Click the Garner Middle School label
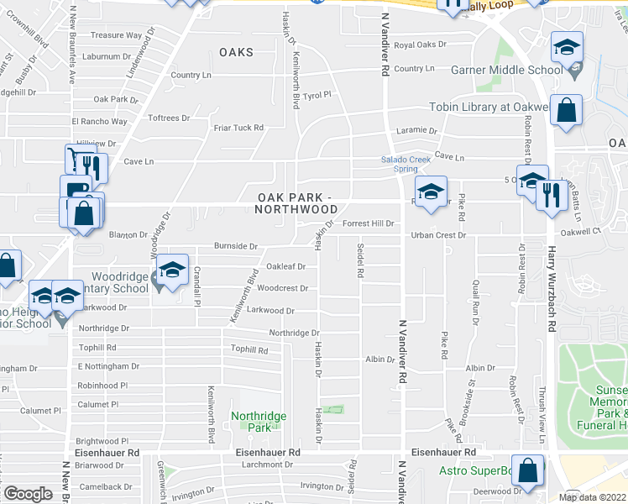point(506,70)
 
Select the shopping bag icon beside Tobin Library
point(568,111)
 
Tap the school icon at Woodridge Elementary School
point(171,270)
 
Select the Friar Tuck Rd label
point(238,128)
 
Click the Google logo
point(28,493)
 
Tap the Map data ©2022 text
point(592,497)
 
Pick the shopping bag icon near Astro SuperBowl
point(526,471)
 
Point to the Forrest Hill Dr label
point(369,224)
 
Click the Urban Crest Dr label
point(437,235)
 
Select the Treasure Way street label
point(116,35)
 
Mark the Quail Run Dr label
point(476,301)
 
